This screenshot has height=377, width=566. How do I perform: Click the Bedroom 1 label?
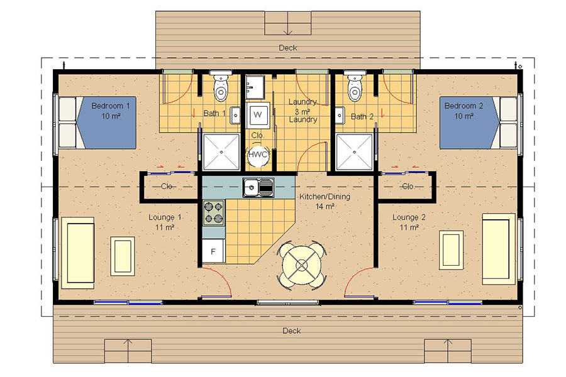click(111, 106)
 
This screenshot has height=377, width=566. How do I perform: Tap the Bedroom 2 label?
click(464, 106)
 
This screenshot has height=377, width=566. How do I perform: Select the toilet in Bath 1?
click(221, 87)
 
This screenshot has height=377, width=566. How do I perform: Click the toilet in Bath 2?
click(355, 87)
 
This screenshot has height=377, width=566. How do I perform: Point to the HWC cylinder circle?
click(258, 155)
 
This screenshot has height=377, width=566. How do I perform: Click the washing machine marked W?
click(258, 114)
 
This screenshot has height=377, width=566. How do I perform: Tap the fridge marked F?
click(213, 251)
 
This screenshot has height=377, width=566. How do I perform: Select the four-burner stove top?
click(213, 213)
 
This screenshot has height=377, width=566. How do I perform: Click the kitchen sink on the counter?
click(258, 188)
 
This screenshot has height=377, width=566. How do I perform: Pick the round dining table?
click(301, 266)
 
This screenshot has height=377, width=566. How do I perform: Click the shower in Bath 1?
click(221, 152)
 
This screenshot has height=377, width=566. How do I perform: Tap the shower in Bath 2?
click(354, 152)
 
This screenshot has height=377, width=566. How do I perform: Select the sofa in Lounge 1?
click(78, 253)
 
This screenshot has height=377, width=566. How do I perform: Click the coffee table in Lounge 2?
click(451, 250)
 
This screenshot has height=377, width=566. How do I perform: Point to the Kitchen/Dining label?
click(325, 197)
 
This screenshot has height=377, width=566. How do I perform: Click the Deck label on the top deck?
click(287, 48)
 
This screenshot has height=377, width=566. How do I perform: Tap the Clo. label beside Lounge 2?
click(408, 187)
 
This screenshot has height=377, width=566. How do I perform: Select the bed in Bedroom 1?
click(97, 123)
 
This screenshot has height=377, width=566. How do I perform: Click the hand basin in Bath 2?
click(340, 116)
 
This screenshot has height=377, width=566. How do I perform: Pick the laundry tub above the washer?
click(255, 87)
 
